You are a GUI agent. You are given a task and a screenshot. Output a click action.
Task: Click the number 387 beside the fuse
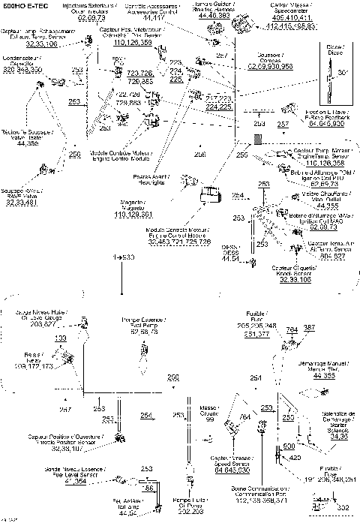tap(309, 329)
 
